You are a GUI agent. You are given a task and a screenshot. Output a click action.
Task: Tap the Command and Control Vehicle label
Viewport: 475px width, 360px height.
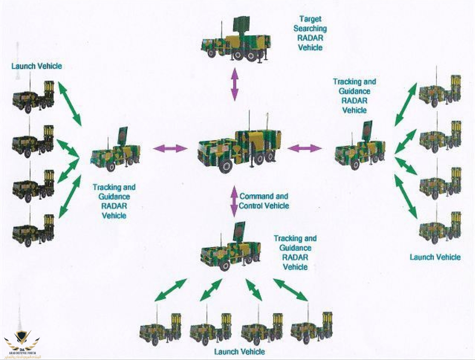(x=264, y=201)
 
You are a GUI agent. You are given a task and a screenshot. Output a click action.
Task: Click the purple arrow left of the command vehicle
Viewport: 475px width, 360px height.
(x=170, y=148)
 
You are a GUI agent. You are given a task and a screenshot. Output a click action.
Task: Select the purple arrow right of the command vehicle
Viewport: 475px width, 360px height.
(x=305, y=148)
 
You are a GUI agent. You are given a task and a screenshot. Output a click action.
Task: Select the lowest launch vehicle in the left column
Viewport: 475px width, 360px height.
(x=33, y=229)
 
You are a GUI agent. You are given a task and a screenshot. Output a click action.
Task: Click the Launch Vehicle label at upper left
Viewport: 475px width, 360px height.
(x=37, y=66)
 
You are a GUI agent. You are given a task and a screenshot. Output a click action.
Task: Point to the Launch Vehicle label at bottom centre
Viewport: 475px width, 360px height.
(x=239, y=352)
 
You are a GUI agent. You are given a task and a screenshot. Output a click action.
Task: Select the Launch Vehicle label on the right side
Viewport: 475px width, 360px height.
(x=435, y=257)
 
